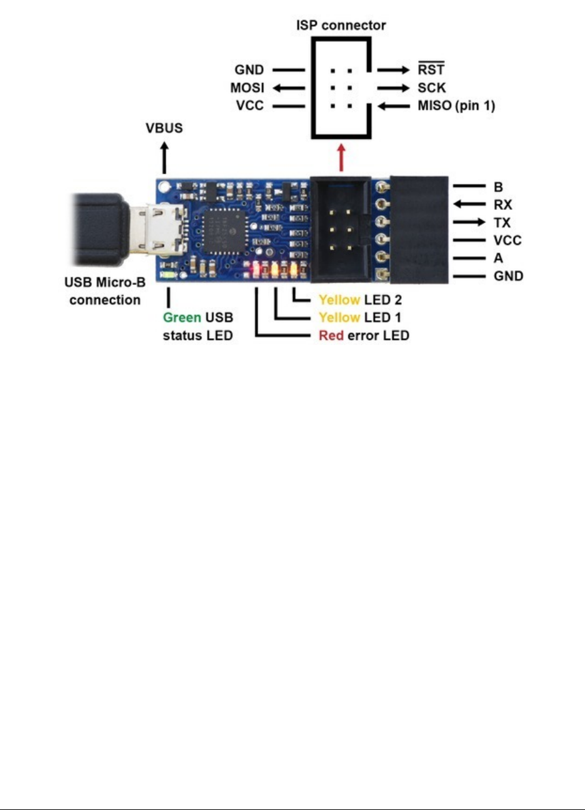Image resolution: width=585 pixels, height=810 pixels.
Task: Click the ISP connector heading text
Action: click(341, 26)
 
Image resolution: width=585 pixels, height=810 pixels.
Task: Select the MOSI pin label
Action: click(247, 87)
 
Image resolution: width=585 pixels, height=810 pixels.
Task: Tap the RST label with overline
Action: click(431, 70)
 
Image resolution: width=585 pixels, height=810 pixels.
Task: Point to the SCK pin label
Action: click(432, 87)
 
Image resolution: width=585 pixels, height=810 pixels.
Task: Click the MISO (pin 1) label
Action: click(456, 106)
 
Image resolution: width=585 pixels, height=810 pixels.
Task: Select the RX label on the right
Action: click(502, 204)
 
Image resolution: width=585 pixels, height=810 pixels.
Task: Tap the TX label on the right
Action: click(502, 222)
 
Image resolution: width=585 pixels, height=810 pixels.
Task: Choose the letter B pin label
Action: click(498, 186)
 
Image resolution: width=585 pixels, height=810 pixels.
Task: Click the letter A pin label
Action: click(498, 257)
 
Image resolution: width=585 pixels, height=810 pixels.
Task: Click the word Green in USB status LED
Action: click(182, 317)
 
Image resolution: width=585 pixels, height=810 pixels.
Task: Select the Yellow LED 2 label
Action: click(360, 300)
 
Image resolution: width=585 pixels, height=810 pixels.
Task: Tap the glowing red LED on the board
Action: click(256, 270)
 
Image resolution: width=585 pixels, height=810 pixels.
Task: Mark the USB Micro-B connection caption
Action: click(105, 291)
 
